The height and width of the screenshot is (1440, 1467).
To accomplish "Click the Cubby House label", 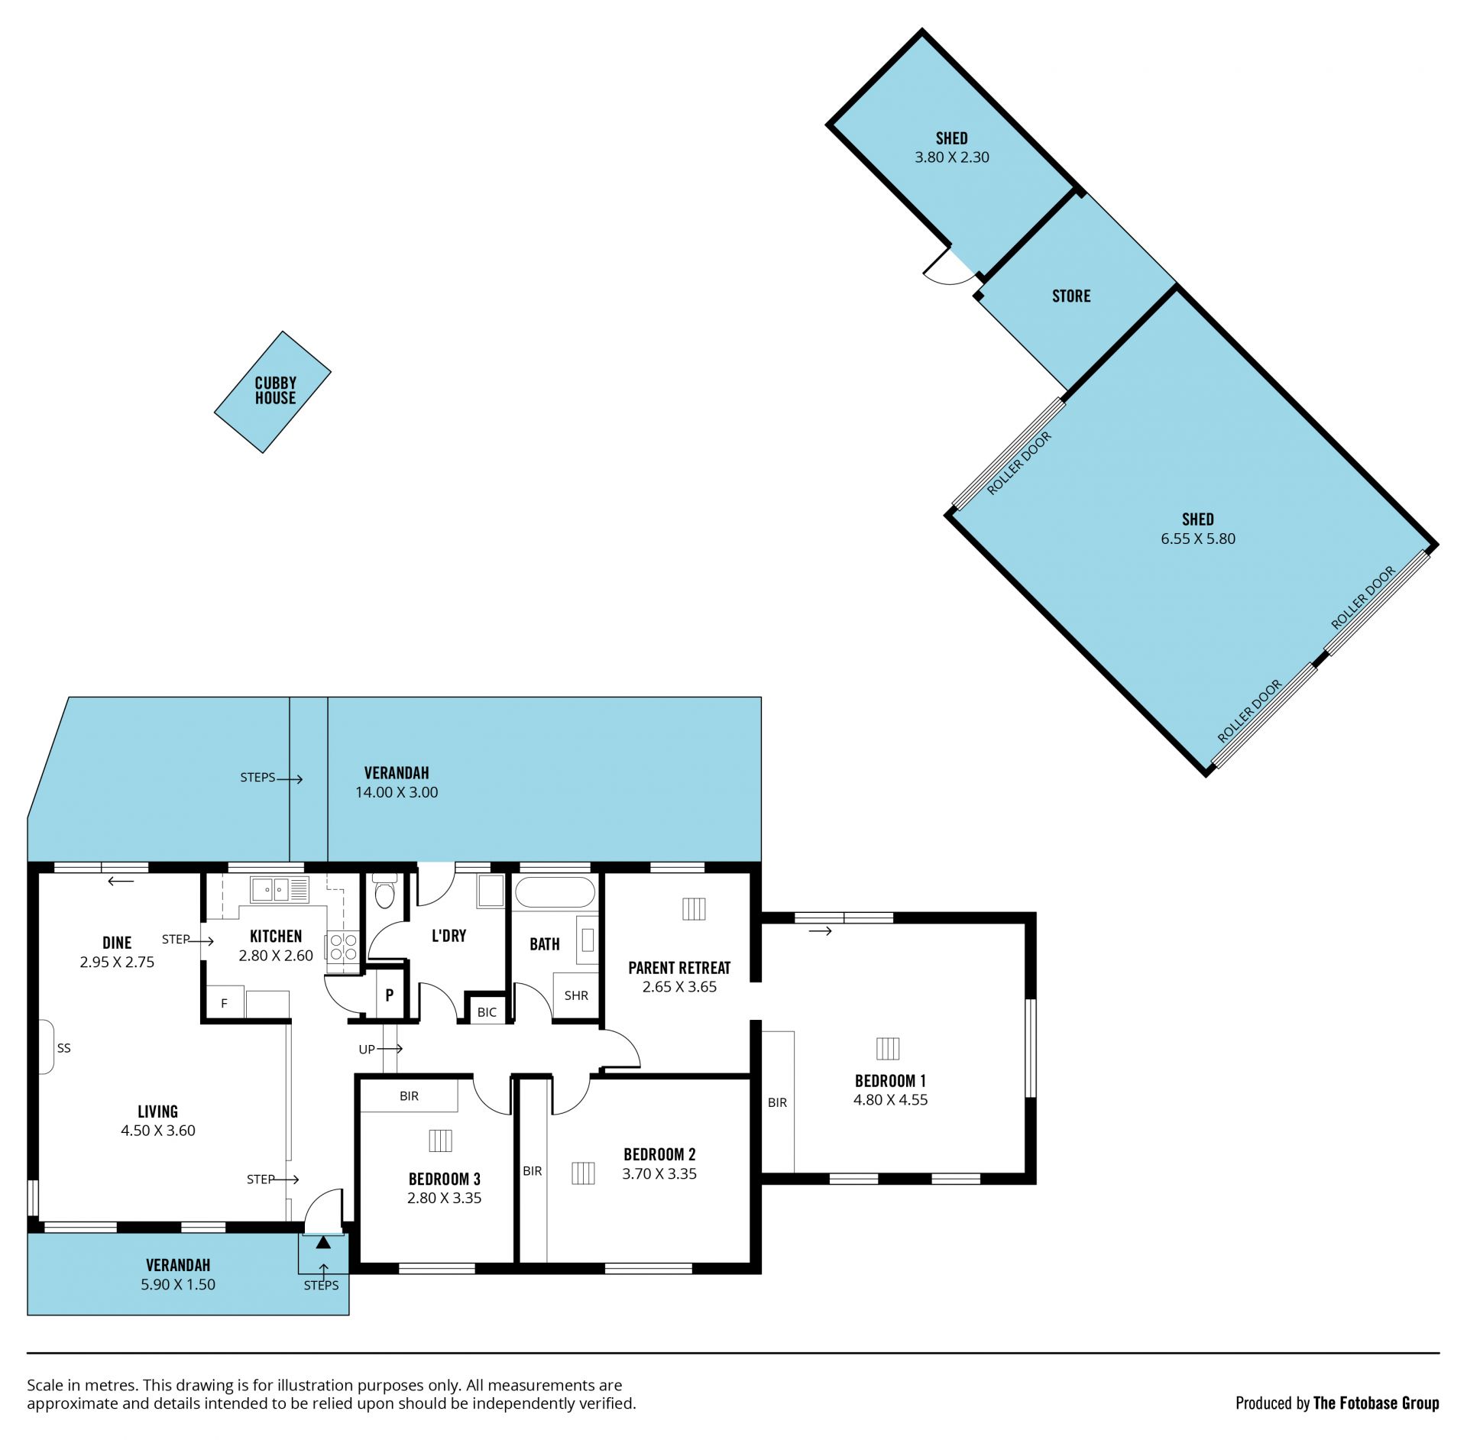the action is click(275, 390).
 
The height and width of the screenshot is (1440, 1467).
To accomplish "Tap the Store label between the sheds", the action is click(1071, 296).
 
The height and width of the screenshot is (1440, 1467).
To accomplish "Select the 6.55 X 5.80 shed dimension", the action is click(1198, 539).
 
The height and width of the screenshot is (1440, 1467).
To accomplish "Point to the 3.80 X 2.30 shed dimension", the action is click(952, 157).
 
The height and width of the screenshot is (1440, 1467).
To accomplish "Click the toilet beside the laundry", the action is click(385, 891).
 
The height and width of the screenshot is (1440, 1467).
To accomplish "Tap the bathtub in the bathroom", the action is click(555, 892).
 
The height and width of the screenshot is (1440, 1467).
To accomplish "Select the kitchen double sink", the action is click(270, 889).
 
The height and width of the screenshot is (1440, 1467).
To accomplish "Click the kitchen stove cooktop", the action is click(343, 947).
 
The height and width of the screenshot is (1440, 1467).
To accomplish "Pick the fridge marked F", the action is click(224, 1003).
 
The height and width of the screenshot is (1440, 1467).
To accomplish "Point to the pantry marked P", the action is click(389, 995).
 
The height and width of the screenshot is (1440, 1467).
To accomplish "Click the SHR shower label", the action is click(576, 995).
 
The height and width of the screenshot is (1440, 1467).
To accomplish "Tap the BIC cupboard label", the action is click(487, 1012).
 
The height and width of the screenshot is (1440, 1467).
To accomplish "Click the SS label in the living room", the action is click(64, 1048).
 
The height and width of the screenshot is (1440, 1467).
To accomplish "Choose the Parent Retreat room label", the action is click(679, 968).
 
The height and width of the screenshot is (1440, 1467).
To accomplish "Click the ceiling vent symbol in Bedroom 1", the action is click(888, 1048).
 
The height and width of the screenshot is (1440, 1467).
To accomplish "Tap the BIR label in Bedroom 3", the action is click(409, 1096).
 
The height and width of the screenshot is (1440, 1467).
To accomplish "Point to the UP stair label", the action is click(367, 1050).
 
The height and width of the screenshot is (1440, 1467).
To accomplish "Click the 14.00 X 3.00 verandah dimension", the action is click(397, 792).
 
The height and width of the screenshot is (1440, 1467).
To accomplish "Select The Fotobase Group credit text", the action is click(1376, 1403).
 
